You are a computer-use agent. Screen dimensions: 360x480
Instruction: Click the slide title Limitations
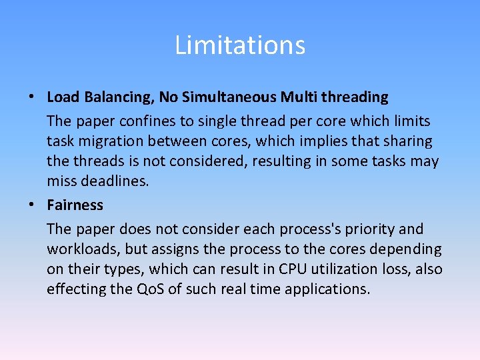[x=240, y=45]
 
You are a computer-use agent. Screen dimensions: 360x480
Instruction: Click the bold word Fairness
[x=75, y=205]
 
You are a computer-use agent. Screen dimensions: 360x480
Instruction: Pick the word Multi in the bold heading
[x=298, y=97]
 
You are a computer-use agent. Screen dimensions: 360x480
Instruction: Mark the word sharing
[x=406, y=141]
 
